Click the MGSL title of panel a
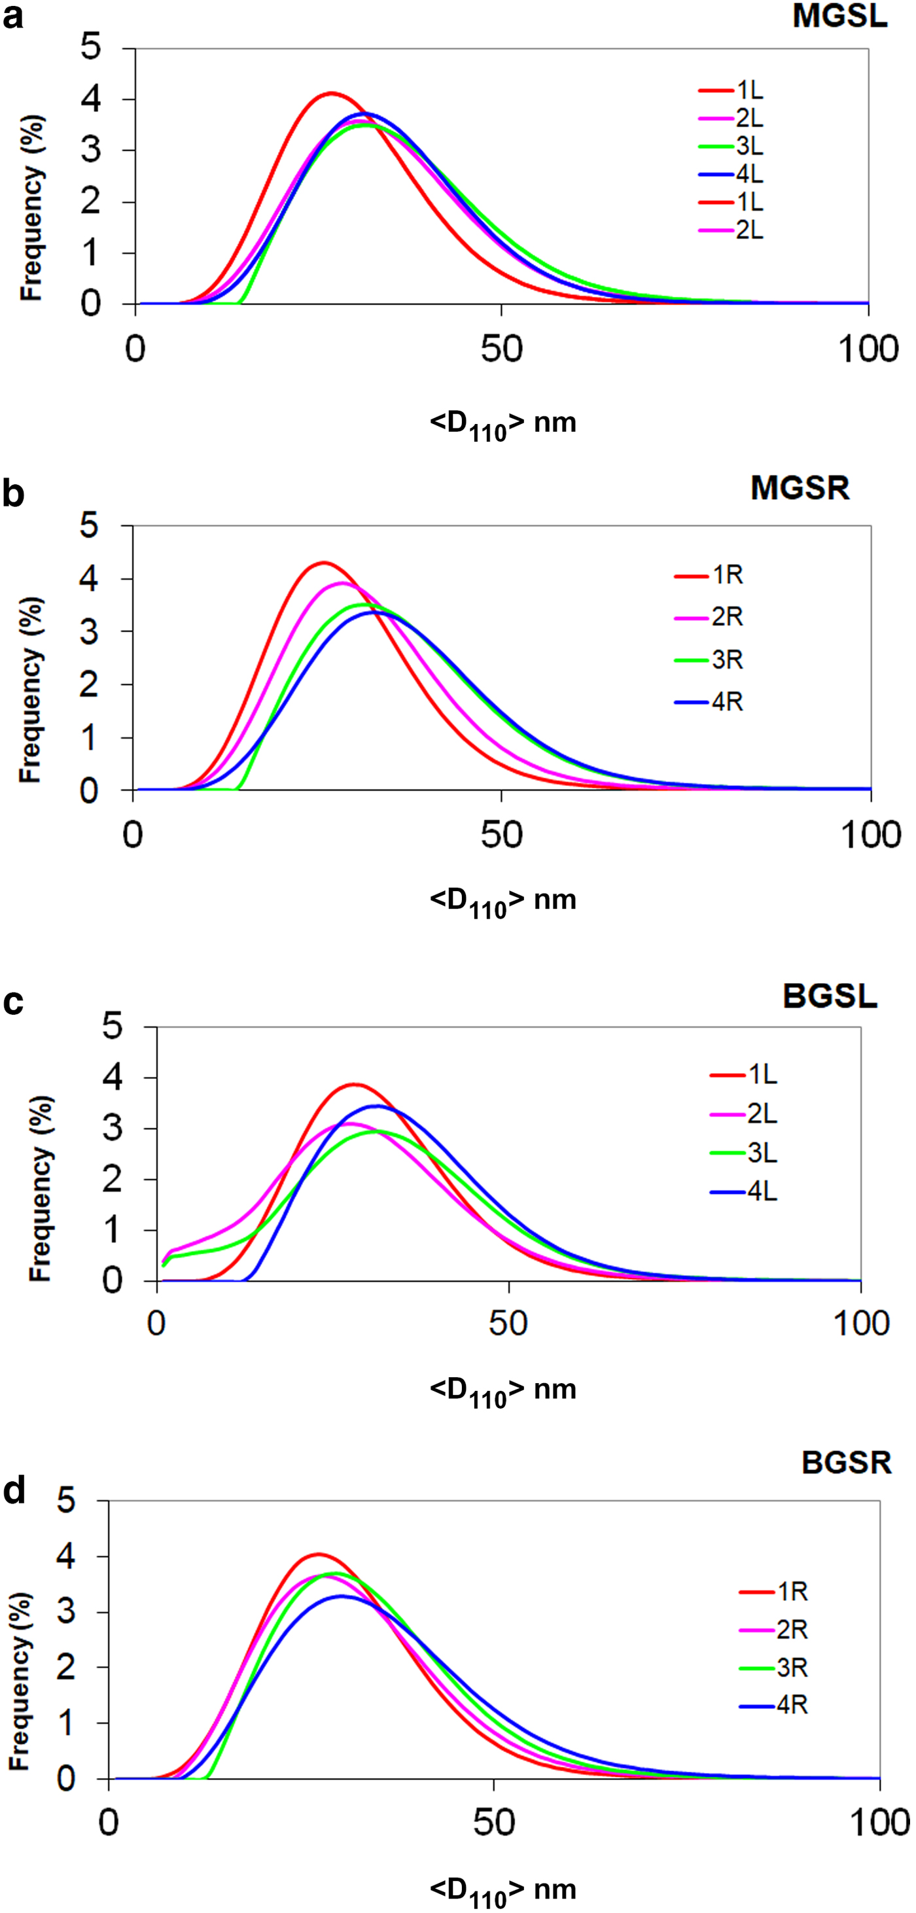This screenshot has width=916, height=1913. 839,16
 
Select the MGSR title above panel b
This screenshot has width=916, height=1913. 800,488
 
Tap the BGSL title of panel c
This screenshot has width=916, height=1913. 829,996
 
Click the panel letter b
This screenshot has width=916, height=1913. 12,494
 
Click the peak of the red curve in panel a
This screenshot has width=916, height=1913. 331,94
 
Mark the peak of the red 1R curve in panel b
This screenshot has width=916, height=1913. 323,562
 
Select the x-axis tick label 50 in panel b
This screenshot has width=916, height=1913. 501,835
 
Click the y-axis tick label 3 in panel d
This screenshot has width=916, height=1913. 66,1612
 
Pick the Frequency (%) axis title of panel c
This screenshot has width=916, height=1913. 41,1187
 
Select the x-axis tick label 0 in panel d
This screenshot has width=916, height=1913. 109,1823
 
